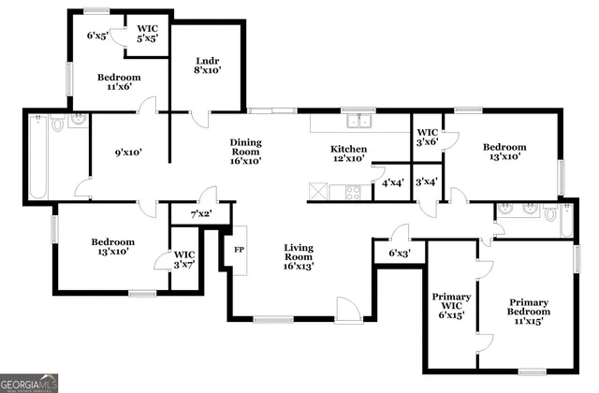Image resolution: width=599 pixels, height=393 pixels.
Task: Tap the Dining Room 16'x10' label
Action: click(245, 152)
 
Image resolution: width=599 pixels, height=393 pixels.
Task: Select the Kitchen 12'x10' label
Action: click(348, 154)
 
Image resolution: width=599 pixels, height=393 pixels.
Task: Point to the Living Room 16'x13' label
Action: click(299, 257)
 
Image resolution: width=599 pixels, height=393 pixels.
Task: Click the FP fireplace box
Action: click(238, 251)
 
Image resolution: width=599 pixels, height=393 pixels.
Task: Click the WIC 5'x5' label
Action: click(147, 34)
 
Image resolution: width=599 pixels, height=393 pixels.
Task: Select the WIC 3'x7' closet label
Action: click(183, 261)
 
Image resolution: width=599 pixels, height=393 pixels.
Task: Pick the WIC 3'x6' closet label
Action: click(428, 138)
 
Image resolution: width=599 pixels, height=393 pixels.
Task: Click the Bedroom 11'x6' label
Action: click(120, 81)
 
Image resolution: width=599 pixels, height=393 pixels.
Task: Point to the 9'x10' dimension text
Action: click(127, 152)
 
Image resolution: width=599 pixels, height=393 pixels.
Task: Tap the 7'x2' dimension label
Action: click(201, 215)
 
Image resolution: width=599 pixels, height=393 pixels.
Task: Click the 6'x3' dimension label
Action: click(400, 254)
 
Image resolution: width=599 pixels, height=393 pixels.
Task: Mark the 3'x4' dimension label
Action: click(427, 182)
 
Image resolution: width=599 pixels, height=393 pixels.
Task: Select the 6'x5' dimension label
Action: click(97, 36)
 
